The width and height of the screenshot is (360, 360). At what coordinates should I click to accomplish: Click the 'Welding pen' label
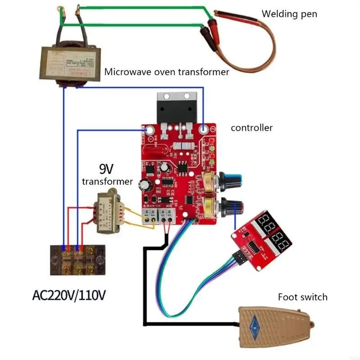pos(289,14)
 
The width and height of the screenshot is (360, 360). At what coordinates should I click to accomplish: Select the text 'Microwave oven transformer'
pos(167,72)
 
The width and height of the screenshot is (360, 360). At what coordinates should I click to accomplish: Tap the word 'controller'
pos(252,128)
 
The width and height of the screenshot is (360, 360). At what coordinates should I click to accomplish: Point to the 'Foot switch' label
pos(302,297)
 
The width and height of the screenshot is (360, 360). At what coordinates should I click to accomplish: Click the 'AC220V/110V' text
pos(70,296)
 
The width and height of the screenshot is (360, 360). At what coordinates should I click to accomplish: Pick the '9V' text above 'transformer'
pos(107,169)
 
